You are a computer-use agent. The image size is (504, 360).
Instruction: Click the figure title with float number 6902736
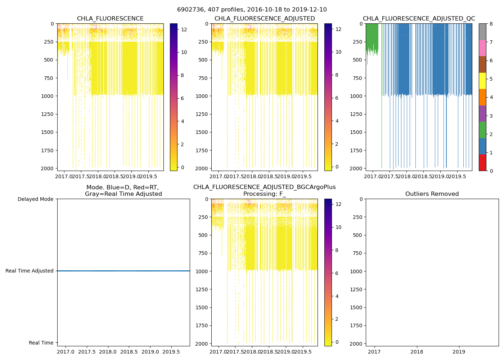[x=252, y=10]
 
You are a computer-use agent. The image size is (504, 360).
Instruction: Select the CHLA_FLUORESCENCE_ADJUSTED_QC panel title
[x=419, y=19]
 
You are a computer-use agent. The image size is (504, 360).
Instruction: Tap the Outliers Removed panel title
[x=432, y=194]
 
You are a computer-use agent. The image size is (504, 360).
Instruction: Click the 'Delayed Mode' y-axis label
[x=35, y=199]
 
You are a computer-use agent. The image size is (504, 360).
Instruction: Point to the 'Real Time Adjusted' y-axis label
[x=29, y=271]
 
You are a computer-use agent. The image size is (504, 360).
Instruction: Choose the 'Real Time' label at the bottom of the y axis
[x=41, y=343]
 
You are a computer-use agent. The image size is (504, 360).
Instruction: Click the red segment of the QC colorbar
[x=482, y=162]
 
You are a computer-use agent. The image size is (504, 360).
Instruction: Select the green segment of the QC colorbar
[x=482, y=130]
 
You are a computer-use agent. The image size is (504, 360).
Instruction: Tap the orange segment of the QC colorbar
[x=482, y=97]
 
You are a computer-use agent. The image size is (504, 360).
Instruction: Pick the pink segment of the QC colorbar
[x=482, y=48]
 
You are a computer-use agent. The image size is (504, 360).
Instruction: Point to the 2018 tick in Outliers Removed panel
[x=417, y=352]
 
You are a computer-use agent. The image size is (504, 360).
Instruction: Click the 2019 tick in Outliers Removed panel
[x=459, y=352]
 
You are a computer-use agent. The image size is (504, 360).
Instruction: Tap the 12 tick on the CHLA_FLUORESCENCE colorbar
[x=184, y=29]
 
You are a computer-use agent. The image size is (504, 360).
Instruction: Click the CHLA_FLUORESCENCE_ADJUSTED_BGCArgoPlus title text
[x=264, y=187]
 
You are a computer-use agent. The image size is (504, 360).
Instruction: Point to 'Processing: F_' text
[x=264, y=194]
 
